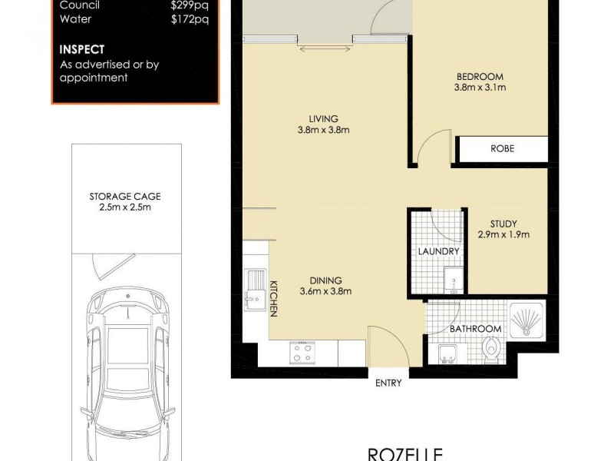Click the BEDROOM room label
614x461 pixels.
[x=479, y=76]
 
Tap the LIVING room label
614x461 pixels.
[x=323, y=118]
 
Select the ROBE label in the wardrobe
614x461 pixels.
[x=502, y=149]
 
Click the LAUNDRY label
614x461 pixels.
[x=439, y=251]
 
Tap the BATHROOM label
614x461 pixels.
[x=475, y=329]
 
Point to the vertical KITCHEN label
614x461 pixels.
[x=272, y=298]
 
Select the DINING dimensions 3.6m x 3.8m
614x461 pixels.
[x=325, y=291]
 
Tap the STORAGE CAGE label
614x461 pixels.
[x=124, y=196]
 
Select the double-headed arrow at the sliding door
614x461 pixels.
[x=323, y=50]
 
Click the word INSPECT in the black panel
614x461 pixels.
[x=82, y=50]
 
